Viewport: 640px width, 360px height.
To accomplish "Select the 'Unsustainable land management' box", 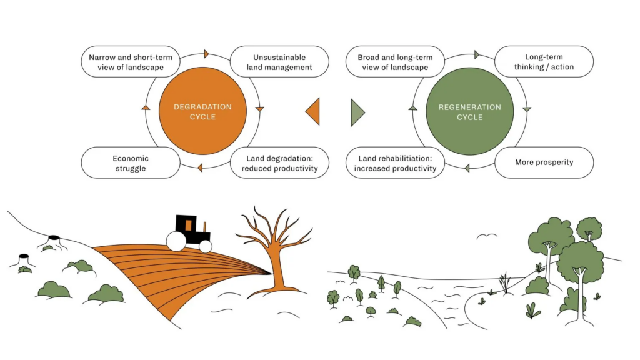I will [x=279, y=62].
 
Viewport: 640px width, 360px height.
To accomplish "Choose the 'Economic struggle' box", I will [x=131, y=162].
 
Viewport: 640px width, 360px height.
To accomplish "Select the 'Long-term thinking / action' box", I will [x=544, y=62].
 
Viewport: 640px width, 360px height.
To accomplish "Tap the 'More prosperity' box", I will [x=544, y=162].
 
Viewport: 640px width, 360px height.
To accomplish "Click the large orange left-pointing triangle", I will [x=314, y=112].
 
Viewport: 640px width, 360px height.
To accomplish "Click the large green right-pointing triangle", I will [x=357, y=112].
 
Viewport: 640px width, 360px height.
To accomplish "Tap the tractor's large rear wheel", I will [x=175, y=241].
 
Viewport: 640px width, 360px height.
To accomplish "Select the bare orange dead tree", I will [x=272, y=250].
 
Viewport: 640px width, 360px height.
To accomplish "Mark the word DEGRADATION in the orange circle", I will [x=202, y=107].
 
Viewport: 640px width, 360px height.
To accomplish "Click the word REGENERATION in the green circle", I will [x=469, y=107].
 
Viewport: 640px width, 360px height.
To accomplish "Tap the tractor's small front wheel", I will [x=205, y=246].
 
